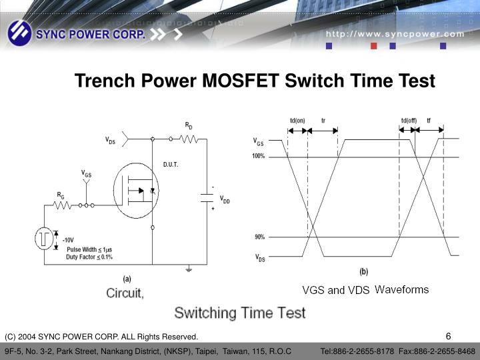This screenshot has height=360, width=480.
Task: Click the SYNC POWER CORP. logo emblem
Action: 19,32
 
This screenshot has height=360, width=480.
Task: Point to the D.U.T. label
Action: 171,164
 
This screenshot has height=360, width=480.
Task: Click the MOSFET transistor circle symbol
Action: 137,191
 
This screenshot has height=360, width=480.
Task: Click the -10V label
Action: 68,239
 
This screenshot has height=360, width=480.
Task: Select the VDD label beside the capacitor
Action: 225,199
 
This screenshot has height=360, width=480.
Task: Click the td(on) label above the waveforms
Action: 297,121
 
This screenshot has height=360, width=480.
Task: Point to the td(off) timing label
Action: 409,121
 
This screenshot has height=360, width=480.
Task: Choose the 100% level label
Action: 259,156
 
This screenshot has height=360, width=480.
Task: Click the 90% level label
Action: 259,237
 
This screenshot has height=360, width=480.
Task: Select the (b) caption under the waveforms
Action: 363,271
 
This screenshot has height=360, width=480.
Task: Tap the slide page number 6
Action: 449,335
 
